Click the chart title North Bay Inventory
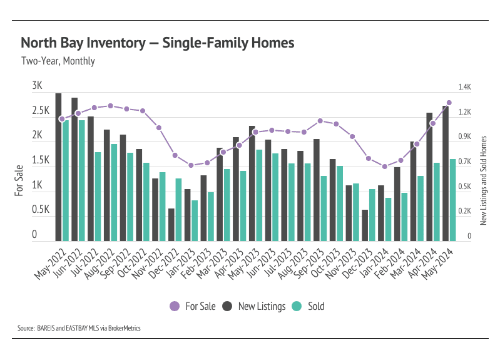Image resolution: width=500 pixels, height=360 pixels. pos(157,43)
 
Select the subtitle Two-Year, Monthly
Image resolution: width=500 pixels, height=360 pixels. pos(58,61)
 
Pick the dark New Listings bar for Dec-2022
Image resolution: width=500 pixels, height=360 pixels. pos(171,225)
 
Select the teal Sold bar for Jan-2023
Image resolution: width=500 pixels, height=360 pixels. pos(195,220)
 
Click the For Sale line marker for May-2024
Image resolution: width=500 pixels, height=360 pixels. pos(449,103)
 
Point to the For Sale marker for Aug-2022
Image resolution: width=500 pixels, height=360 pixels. pos(110,106)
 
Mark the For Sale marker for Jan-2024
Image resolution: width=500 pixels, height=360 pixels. pos(384,167)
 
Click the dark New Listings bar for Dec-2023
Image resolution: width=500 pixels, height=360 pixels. pos(365,225)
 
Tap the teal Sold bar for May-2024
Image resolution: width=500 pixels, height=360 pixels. pos(452,200)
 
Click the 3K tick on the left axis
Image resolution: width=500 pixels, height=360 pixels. pos(37,86)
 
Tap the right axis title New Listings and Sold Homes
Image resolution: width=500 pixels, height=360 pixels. pos(483,179)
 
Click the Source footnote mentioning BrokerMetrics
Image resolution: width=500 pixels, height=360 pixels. pos(79,327)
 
